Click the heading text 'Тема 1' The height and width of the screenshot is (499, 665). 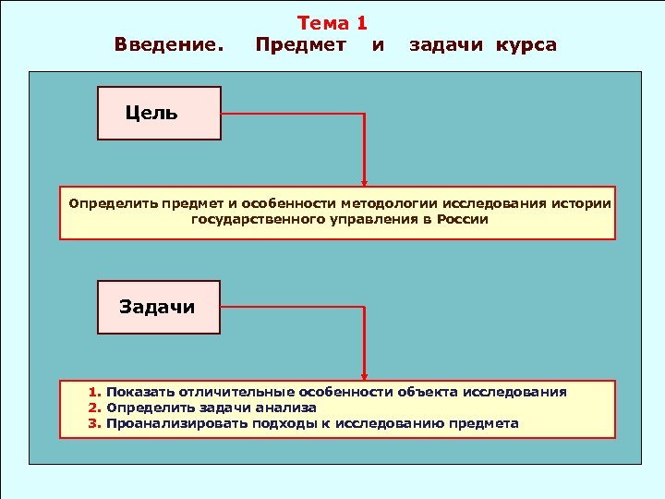[332, 24]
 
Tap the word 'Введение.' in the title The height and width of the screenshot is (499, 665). [169, 45]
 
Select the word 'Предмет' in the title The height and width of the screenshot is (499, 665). [301, 45]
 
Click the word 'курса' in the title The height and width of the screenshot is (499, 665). [526, 45]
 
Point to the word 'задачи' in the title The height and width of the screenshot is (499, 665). [448, 45]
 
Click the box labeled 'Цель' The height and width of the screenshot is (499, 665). [159, 114]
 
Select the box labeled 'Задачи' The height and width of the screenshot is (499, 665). [159, 308]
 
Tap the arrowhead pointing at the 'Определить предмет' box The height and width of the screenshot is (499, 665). [364, 183]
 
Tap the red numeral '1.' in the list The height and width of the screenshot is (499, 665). [95, 392]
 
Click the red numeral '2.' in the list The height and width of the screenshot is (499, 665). [95, 408]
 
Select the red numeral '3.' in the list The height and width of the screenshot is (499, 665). [95, 423]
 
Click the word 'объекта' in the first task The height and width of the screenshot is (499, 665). [427, 392]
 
